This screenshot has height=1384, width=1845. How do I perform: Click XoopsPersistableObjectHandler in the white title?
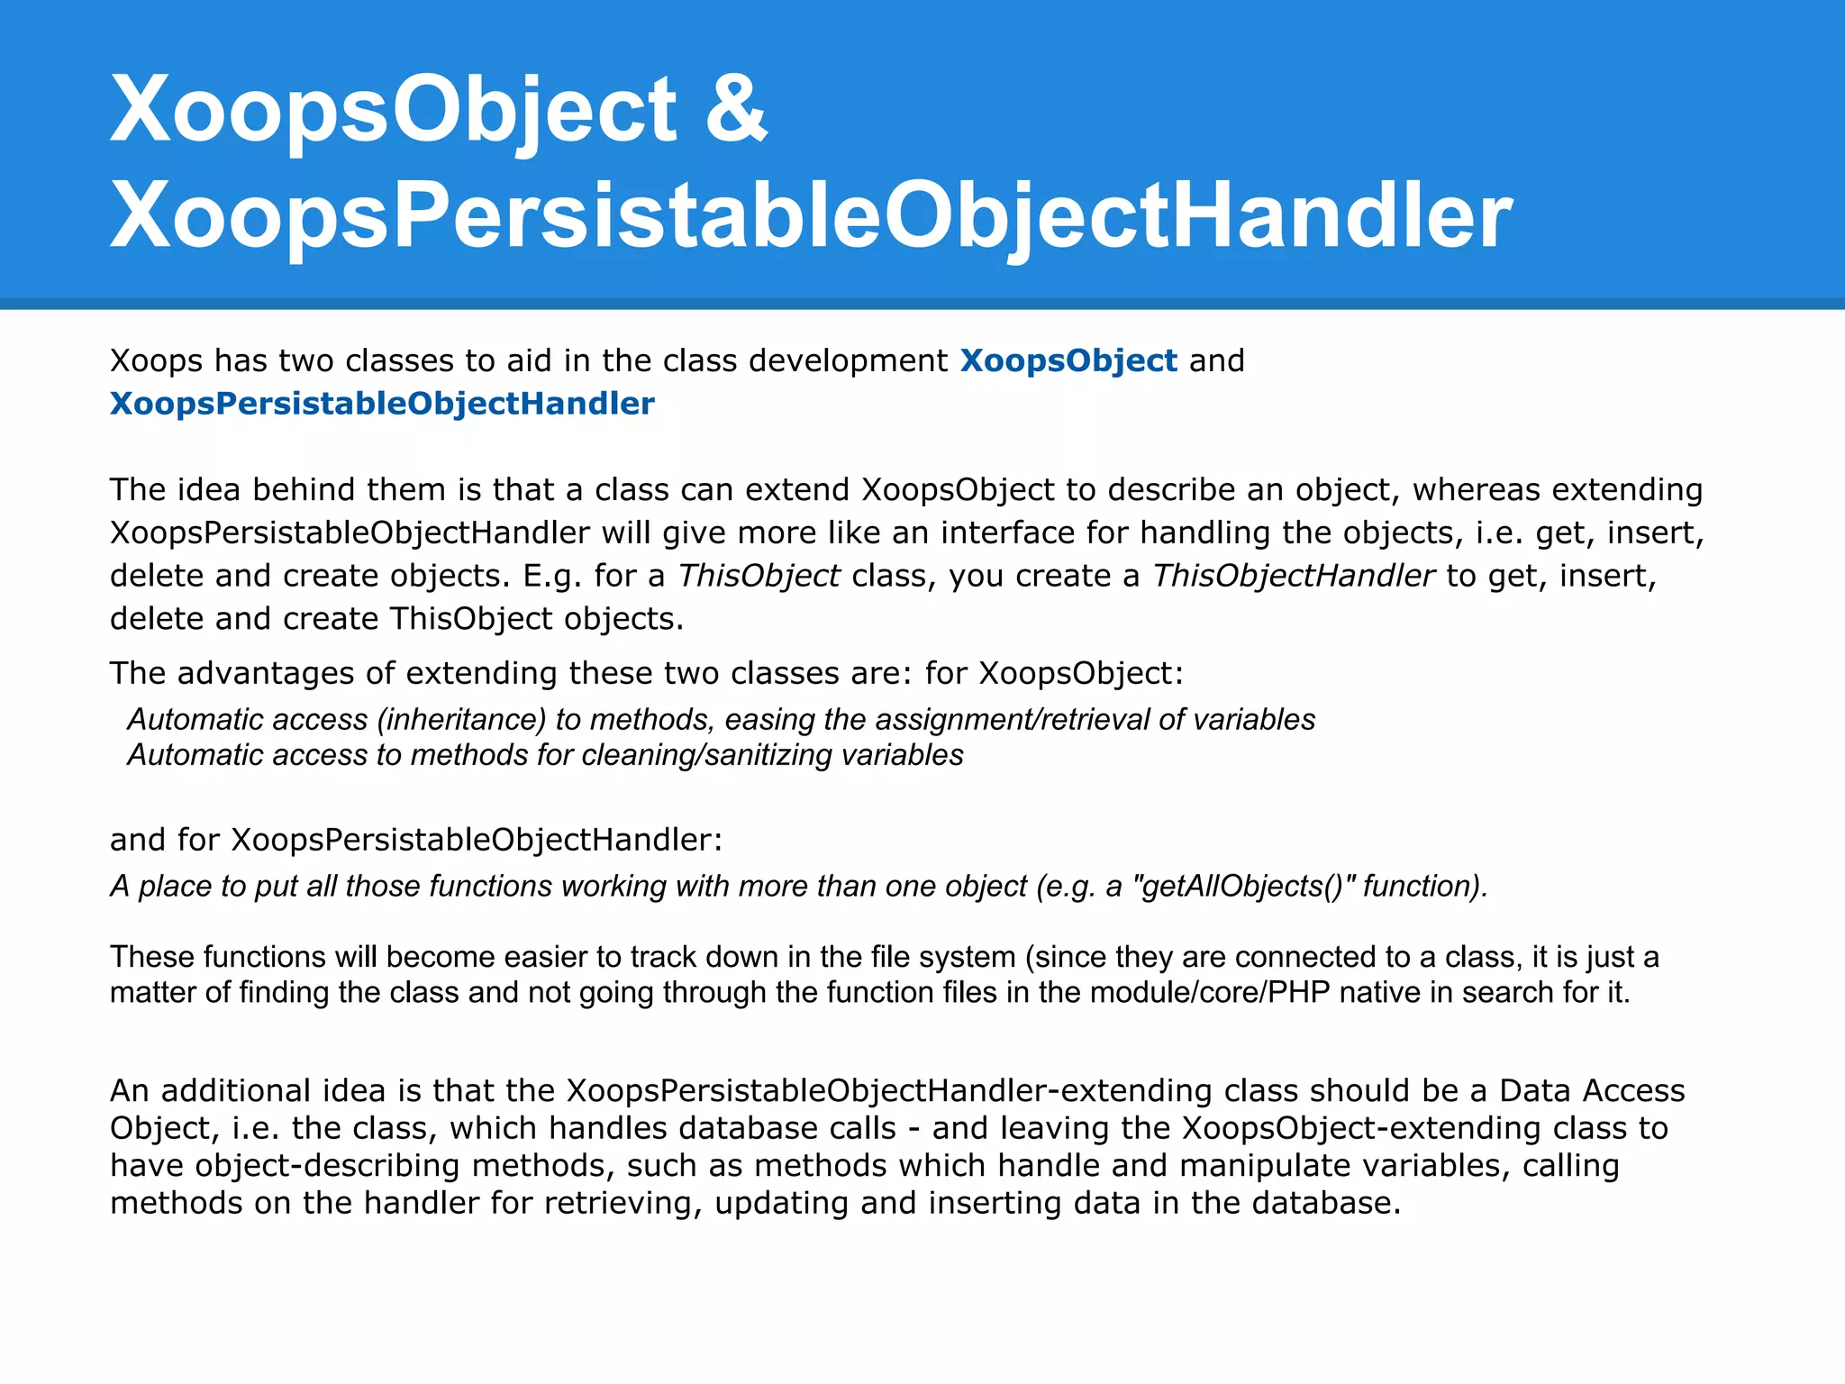[811, 215]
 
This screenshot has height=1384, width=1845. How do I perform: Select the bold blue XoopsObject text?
[1068, 360]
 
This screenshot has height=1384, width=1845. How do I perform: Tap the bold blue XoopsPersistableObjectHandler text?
[382, 404]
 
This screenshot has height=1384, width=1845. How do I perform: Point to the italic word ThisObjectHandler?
[1293, 576]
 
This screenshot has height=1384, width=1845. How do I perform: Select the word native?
[1383, 993]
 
